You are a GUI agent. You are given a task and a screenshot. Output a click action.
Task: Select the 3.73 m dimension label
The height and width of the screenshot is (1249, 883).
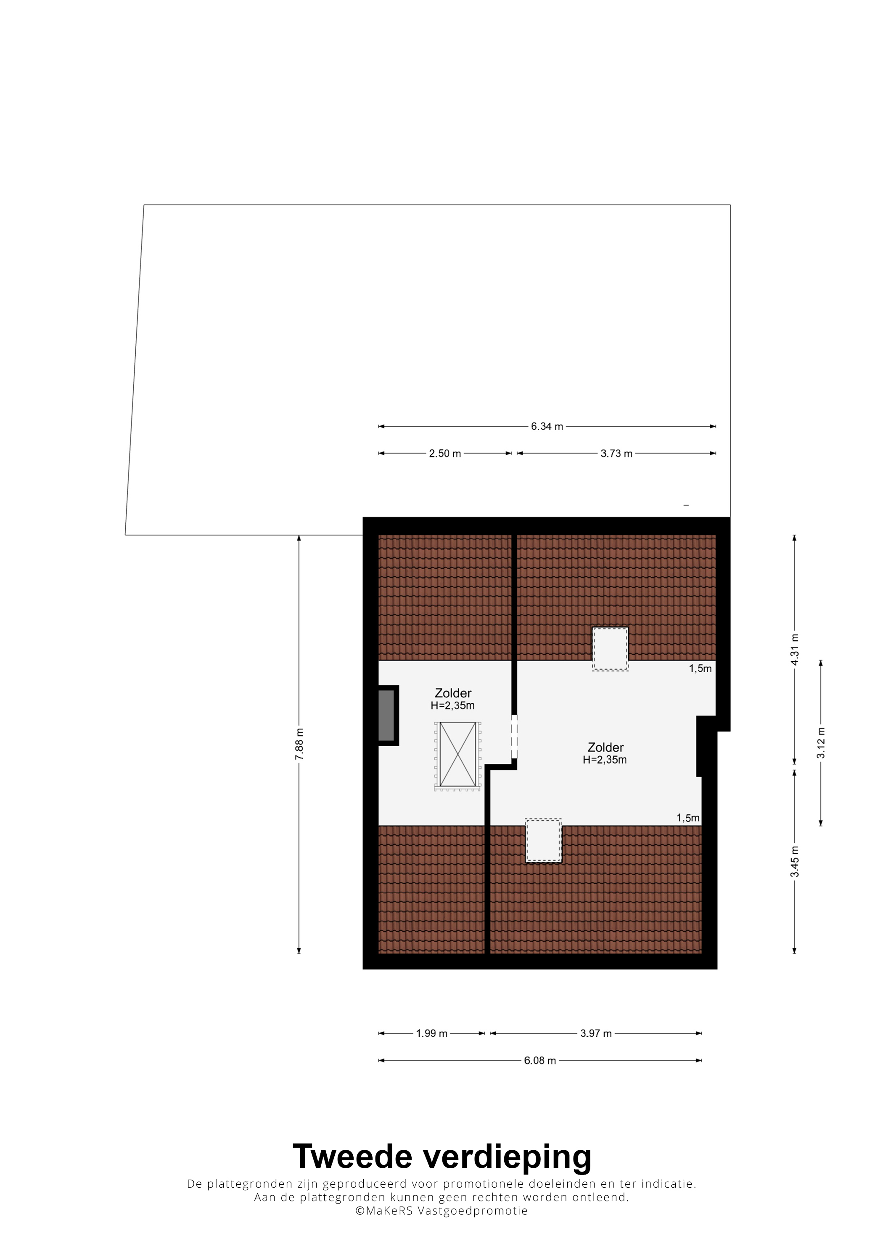click(616, 453)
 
